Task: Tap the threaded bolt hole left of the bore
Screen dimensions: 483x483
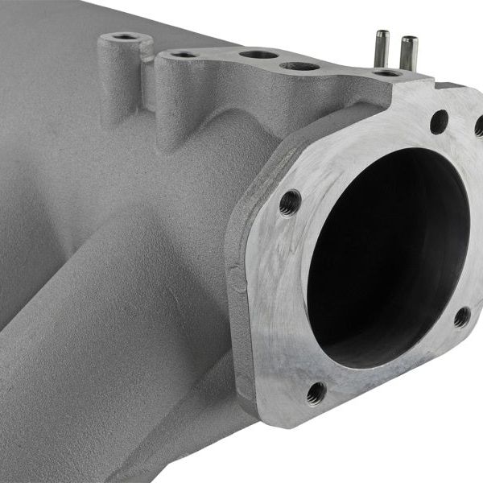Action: point(291,201)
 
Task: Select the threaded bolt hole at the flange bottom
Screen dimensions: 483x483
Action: point(316,392)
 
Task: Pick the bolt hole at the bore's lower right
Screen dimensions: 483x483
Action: point(461,316)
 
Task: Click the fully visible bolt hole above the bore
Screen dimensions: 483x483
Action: point(439,122)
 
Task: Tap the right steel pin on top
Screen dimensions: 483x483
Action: point(408,51)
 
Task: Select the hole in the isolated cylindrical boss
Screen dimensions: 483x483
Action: point(124,36)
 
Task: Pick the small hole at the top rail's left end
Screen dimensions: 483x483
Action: point(184,55)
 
